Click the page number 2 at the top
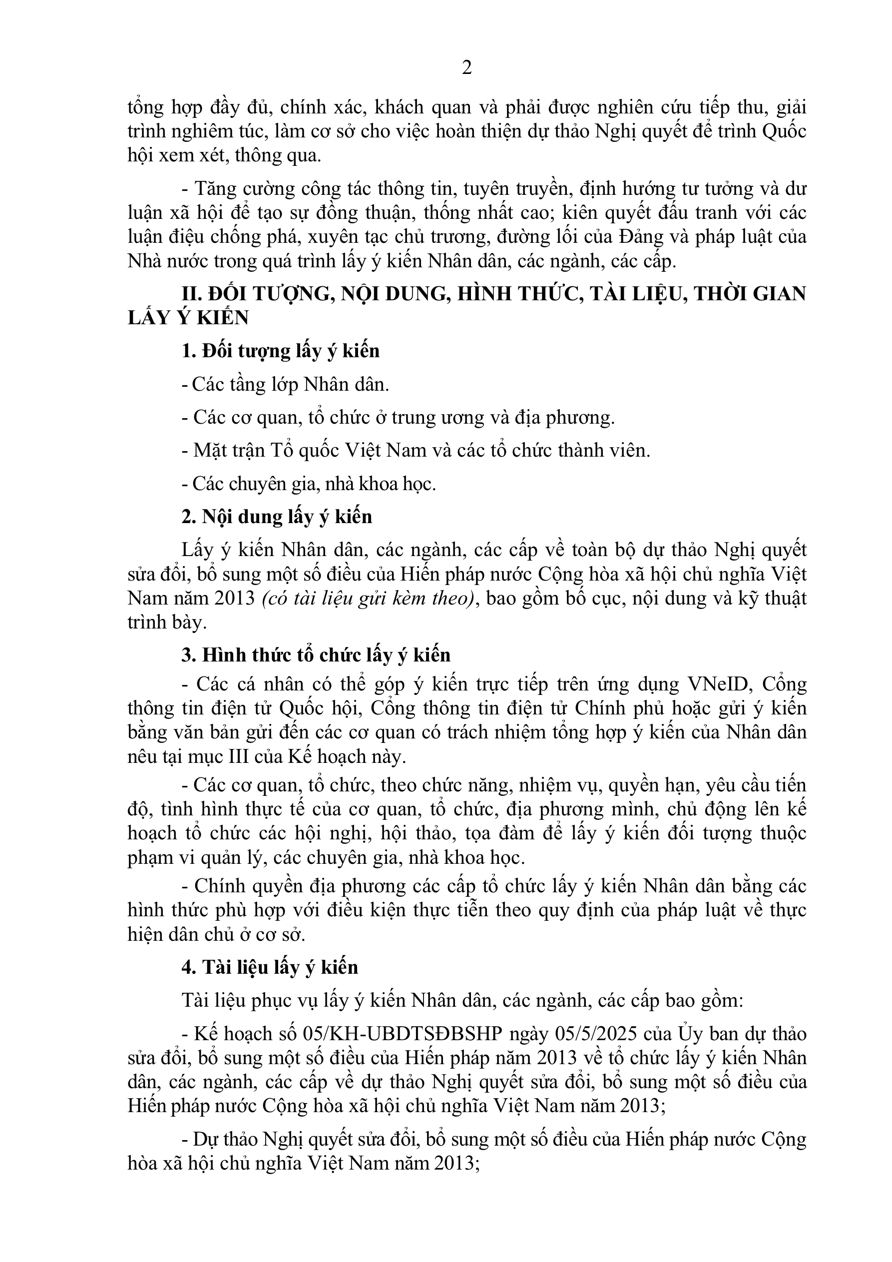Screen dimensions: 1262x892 click(x=466, y=68)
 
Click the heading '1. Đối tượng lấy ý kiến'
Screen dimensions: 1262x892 click(x=280, y=351)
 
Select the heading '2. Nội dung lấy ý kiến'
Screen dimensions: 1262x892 click(x=277, y=517)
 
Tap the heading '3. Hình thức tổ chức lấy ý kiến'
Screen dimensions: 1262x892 click(x=316, y=654)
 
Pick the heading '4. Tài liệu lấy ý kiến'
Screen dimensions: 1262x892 click(x=270, y=967)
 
